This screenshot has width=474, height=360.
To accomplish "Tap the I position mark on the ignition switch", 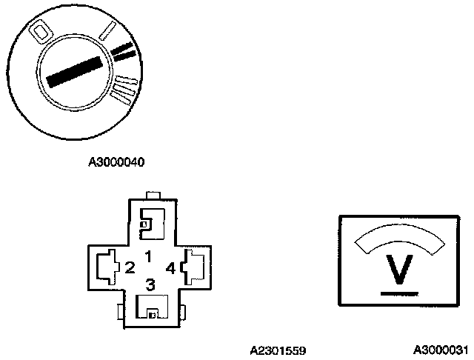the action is click(107, 33).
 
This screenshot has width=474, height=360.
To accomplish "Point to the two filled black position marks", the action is click(124, 52).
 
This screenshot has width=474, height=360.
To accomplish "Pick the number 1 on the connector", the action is click(148, 256).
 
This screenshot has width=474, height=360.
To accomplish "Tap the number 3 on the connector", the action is click(150, 284).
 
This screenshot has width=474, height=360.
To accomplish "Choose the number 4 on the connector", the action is click(171, 267).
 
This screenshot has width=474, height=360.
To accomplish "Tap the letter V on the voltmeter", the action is click(401, 270).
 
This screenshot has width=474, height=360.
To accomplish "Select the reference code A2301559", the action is click(278, 350).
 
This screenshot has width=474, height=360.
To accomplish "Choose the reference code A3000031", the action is click(441, 350).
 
